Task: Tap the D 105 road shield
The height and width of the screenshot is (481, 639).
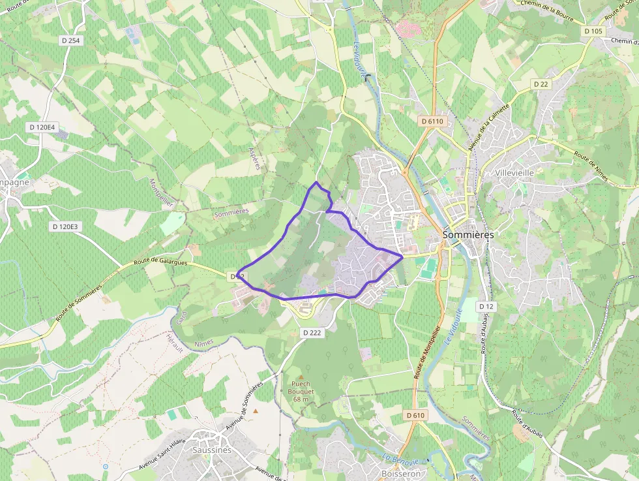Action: click(593, 31)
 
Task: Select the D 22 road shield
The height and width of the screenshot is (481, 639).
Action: click(541, 84)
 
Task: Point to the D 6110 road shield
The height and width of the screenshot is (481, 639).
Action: click(432, 121)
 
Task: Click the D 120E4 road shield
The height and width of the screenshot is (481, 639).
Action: click(42, 127)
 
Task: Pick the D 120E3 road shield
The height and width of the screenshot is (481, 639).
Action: click(65, 226)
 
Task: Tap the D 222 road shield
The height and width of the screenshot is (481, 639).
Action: click(312, 333)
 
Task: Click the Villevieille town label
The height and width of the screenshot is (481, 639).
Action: click(515, 173)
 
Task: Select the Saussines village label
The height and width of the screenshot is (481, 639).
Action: click(212, 450)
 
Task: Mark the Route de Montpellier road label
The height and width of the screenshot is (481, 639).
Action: click(427, 352)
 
